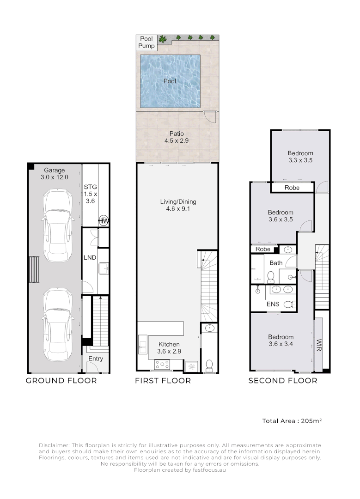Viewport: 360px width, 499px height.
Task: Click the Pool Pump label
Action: (146, 43)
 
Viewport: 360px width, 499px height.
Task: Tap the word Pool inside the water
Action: (170, 81)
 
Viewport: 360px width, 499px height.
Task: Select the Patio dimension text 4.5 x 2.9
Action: (177, 140)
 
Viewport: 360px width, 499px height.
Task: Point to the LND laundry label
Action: (90, 257)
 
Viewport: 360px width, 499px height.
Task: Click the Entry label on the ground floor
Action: (96, 359)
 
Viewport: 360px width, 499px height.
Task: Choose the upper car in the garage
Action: (58, 225)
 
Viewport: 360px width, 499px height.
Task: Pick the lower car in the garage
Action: (58, 325)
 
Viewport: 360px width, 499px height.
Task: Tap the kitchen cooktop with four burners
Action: (162, 365)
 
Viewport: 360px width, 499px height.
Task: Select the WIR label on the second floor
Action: (319, 345)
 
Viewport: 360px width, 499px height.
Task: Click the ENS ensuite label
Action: (273, 304)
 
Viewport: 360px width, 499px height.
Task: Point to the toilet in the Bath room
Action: (271, 277)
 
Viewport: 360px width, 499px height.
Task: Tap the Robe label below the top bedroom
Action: (292, 188)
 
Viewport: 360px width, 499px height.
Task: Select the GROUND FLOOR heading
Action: (61, 381)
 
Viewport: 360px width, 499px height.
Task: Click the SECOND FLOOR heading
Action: (283, 381)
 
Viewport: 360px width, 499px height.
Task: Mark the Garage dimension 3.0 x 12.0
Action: (55, 177)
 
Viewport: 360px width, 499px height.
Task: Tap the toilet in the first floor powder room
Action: (209, 365)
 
